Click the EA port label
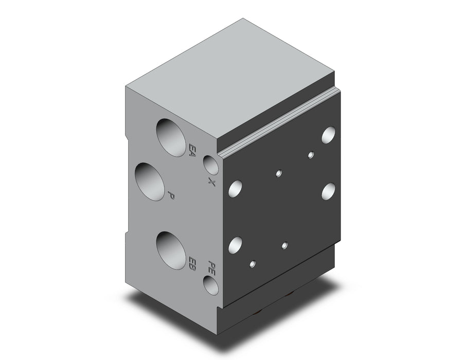(192, 150)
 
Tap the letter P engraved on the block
(171, 195)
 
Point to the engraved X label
(211, 182)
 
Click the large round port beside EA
(171, 137)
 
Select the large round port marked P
(150, 181)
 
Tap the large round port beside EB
(171, 250)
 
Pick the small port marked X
(211, 165)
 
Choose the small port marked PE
(211, 285)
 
